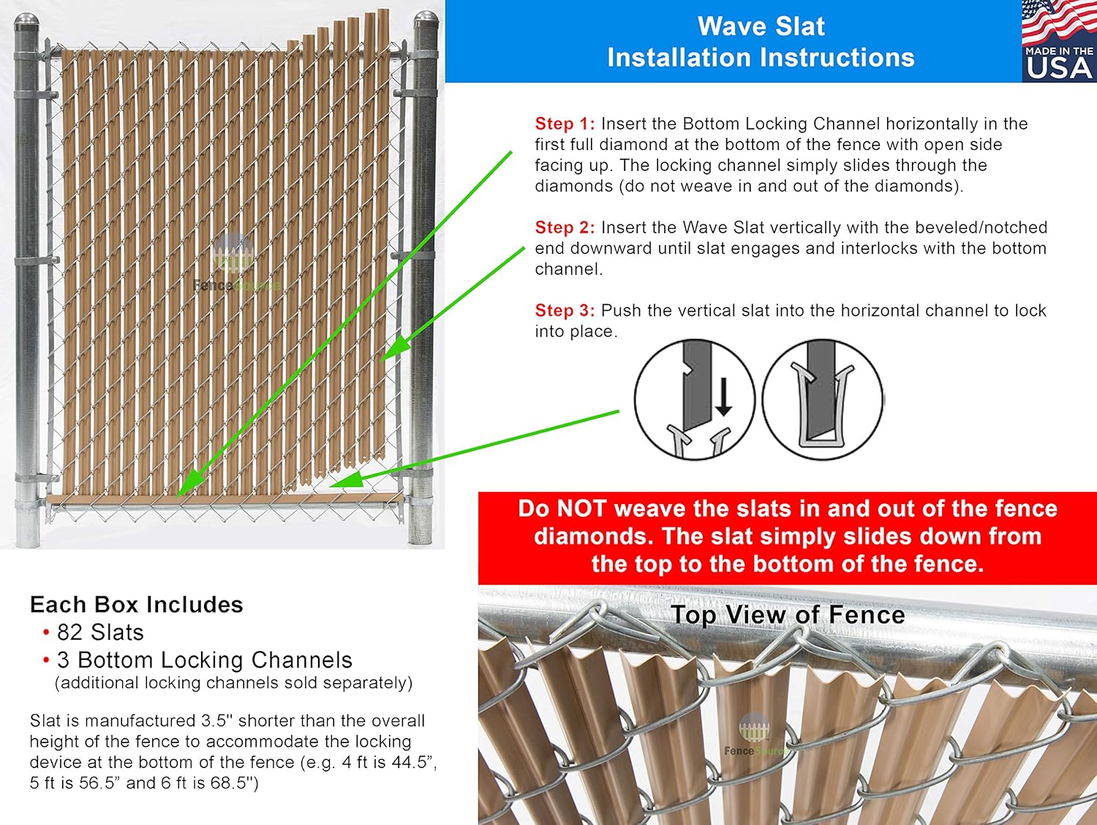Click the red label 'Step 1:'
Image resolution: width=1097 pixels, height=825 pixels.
pyautogui.click(x=564, y=124)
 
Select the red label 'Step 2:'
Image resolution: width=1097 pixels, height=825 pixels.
pyautogui.click(x=564, y=227)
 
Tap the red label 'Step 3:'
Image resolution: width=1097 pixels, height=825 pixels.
pyautogui.click(x=564, y=311)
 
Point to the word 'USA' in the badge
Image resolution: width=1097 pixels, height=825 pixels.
pyautogui.click(x=1059, y=68)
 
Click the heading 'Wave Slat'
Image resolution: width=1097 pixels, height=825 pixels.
pyautogui.click(x=761, y=26)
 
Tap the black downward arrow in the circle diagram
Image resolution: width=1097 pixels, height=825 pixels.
pyautogui.click(x=723, y=398)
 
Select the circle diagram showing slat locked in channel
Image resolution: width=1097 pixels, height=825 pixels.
pyautogui.click(x=823, y=399)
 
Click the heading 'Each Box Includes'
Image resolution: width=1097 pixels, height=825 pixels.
pyautogui.click(x=136, y=605)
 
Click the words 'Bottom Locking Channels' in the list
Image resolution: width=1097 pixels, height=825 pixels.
pyautogui.click(x=215, y=660)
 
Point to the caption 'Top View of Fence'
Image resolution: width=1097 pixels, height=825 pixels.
pyautogui.click(x=788, y=615)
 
